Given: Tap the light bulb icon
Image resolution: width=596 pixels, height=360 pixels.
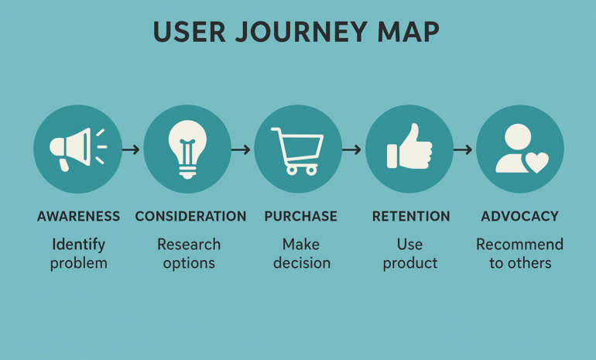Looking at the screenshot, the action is pos(187,149).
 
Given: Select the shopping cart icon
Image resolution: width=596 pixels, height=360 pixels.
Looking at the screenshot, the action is pos(297,150).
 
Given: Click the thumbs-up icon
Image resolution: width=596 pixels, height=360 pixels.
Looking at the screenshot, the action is pos(409,147).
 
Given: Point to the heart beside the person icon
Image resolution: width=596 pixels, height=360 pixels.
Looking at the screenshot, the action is pos(536,163).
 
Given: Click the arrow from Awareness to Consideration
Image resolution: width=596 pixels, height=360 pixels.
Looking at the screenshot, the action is pos(131,149).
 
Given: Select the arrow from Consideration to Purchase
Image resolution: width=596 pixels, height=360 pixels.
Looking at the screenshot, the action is pos(241,149).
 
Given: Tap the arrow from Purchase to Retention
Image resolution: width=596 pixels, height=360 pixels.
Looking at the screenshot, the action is pos(351,149).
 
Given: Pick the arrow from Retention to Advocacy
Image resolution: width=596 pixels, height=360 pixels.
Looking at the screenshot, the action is pos(463,149).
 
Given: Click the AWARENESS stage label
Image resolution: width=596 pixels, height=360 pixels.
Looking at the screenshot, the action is pos(78,216).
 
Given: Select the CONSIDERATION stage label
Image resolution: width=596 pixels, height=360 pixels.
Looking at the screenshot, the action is pos(191,216).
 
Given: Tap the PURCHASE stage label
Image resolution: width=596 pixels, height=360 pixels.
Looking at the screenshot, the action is pos(300,216).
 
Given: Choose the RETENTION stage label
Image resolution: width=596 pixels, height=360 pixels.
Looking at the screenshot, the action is pos(411,216).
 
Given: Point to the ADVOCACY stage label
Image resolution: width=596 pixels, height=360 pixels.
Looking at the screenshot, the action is pos(519,216).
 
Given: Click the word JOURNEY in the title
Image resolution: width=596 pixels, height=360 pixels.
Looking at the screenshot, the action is pos(301,32).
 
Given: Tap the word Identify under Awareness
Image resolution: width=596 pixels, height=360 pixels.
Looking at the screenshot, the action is pos(78,245).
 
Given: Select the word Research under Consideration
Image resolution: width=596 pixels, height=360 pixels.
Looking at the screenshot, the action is pos(189,245).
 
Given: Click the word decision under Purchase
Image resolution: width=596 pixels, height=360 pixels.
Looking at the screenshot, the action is pos(302,262).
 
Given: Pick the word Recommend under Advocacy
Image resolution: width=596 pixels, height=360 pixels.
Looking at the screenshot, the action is pos(519,245).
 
